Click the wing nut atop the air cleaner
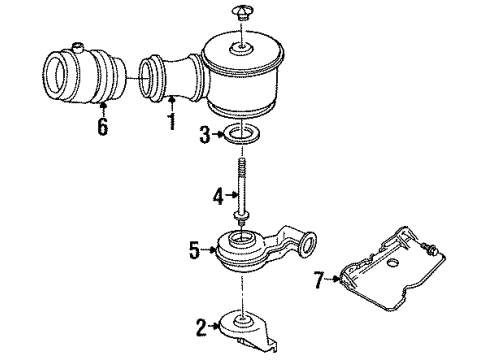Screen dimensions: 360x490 click(243, 12)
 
